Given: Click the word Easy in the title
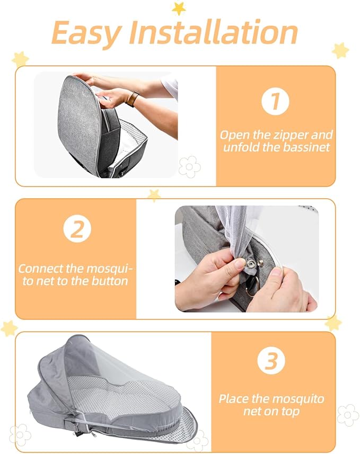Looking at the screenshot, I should [86, 33].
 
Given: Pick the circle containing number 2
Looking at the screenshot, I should [77, 230].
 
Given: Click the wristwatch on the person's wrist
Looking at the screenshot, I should [132, 99].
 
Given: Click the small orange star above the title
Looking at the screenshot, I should [179, 8].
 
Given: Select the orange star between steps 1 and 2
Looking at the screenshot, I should [154, 194].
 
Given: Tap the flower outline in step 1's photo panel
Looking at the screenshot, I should [189, 166].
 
